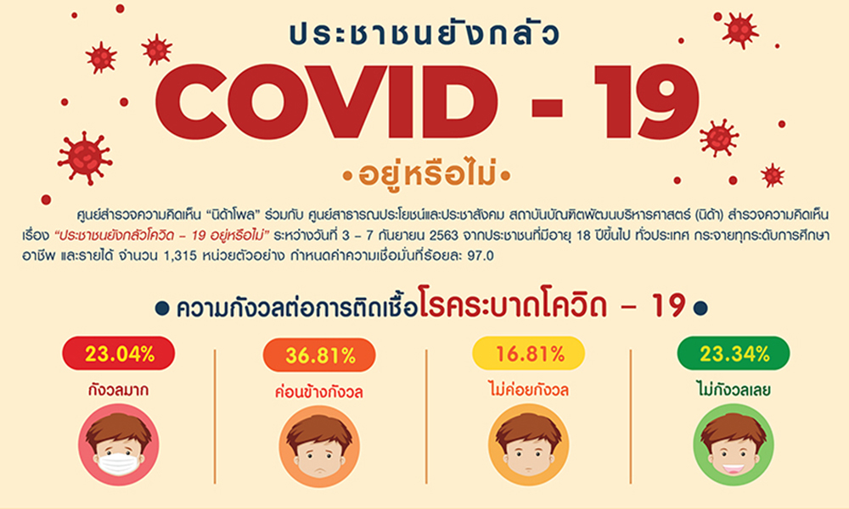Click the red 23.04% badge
119,354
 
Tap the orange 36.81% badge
319,355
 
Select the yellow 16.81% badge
528,354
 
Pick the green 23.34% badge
734,354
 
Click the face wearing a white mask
119,445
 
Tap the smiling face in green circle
734,445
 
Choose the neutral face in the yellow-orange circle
528,445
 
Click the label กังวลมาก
119,390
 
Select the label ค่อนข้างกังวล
319,392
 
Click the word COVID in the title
327,103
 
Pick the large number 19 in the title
647,103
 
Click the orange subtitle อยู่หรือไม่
427,175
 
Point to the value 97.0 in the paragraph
481,255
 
